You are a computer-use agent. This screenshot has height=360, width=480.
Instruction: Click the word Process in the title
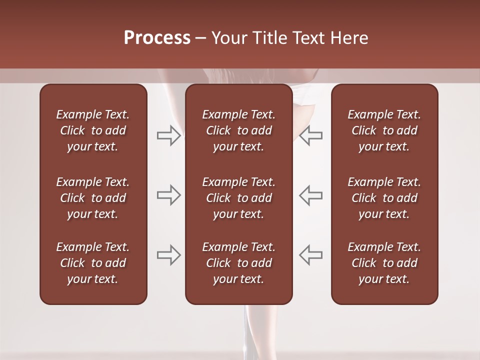pos(157,38)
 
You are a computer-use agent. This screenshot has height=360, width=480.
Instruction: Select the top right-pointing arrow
pos(168,135)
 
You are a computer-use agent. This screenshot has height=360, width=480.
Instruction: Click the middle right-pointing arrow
pos(168,195)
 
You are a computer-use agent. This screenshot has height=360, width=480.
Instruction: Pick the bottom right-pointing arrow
pos(168,255)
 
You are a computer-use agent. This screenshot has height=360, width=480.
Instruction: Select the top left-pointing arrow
pos(311,135)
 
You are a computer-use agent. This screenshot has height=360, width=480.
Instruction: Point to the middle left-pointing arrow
pos(311,195)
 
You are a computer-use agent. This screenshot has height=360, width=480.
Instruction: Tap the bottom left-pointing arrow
pos(311,255)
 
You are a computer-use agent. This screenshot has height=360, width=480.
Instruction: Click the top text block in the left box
pos(93,130)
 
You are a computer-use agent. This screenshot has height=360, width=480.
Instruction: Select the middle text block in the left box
pos(93,198)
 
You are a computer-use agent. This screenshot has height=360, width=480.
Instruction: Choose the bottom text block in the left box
pos(93,263)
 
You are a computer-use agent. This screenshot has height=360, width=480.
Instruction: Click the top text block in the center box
pos(238,130)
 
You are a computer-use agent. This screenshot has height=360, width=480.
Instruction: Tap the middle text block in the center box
pos(238,198)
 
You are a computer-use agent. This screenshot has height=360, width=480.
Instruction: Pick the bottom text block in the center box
pos(238,263)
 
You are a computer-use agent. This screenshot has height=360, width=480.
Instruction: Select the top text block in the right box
pos(384,130)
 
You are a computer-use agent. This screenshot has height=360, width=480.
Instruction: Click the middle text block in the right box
pos(384,198)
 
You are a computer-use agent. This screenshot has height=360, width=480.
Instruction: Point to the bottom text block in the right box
pos(384,263)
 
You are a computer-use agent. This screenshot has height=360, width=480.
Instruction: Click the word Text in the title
pos(308,38)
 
